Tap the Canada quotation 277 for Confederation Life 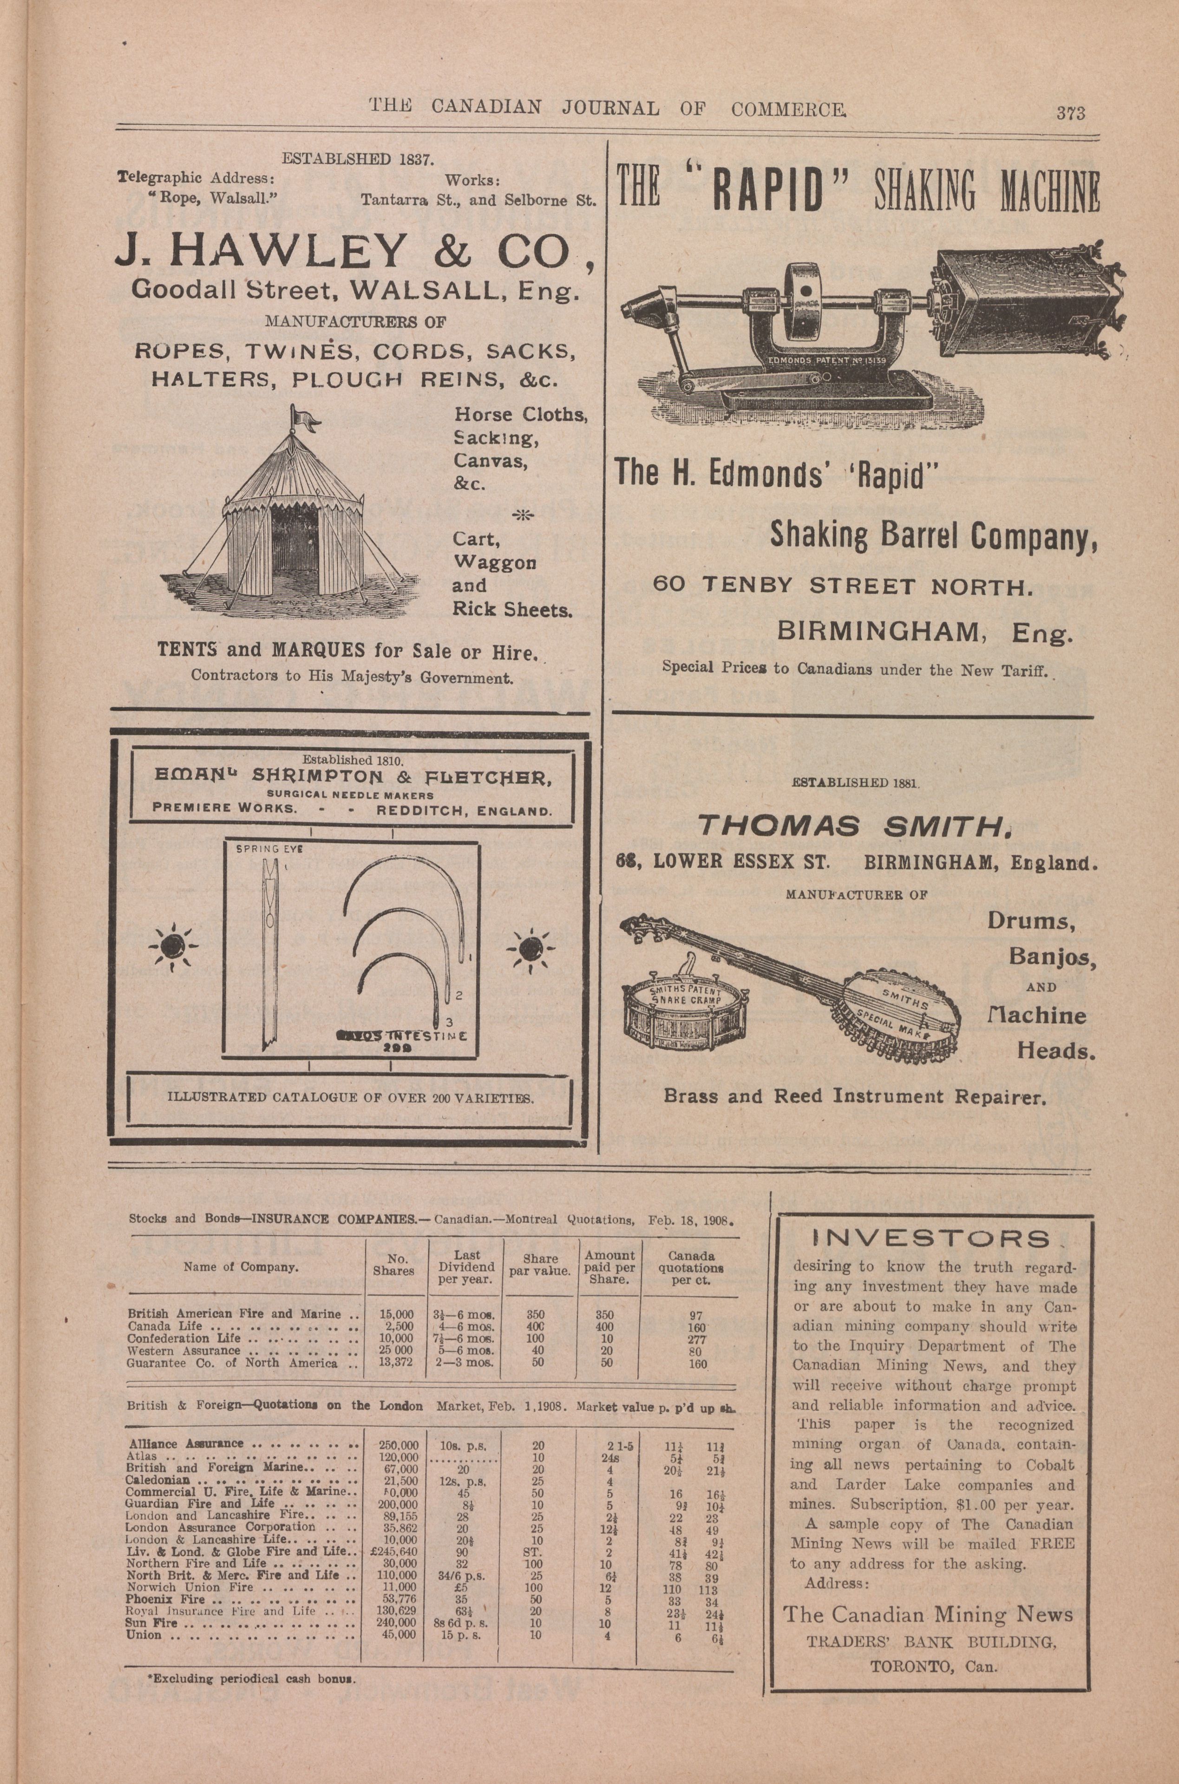click(x=697, y=1338)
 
